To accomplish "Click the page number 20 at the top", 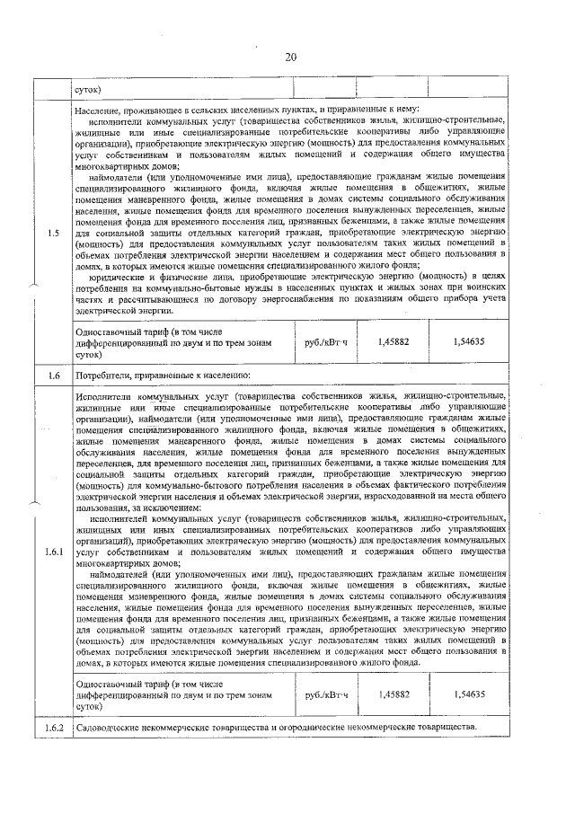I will click(290, 57).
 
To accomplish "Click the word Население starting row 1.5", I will click(100, 109).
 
